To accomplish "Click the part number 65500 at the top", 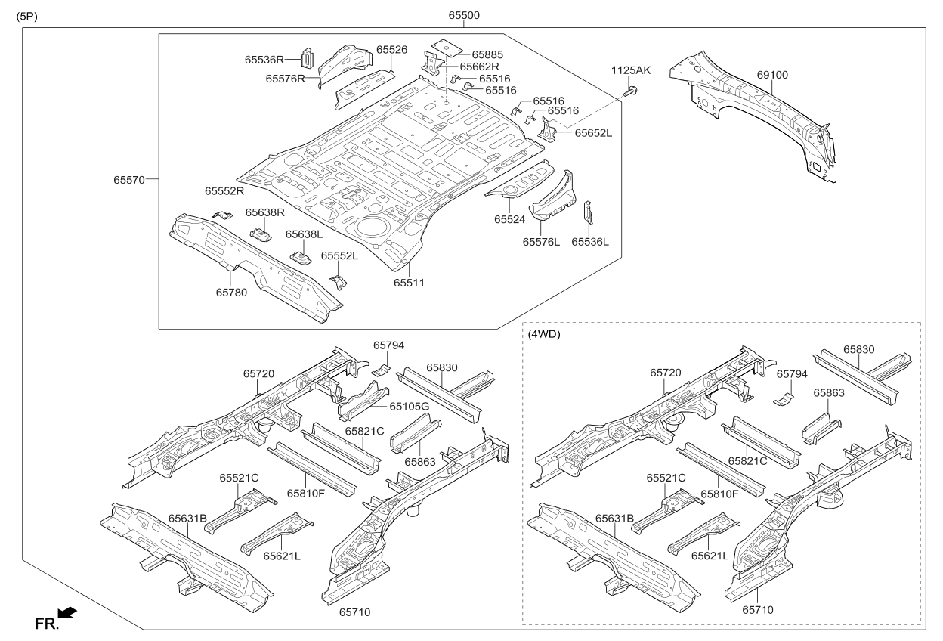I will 464,15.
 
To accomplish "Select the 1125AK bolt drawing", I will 631,91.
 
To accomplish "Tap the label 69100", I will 772,75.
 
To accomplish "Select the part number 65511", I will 409,283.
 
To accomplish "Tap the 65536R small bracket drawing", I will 308,57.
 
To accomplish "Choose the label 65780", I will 231,292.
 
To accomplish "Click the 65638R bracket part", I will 261,235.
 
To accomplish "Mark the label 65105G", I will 410,406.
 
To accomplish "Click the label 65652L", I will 593,132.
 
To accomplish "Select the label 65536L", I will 590,242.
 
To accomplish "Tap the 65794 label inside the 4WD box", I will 793,373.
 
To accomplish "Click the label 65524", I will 510,219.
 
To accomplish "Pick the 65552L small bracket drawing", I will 339,282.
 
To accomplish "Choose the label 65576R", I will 285,78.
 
